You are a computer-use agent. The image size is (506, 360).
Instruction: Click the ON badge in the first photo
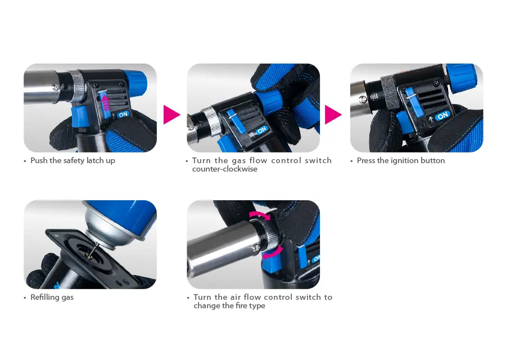click(x=123, y=114)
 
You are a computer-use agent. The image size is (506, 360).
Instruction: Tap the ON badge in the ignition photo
click(x=443, y=115)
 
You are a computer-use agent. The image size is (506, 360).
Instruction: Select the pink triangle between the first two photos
click(x=171, y=115)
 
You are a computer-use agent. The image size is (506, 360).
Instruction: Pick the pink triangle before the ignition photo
click(x=333, y=115)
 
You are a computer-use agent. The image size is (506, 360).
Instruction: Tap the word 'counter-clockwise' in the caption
click(x=224, y=169)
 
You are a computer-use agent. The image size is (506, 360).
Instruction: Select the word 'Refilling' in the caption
click(x=43, y=298)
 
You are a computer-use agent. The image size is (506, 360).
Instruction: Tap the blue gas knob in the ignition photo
click(x=461, y=78)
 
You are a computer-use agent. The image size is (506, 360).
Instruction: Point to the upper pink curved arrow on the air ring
click(x=260, y=214)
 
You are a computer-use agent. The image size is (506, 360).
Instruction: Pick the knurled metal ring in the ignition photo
click(x=389, y=92)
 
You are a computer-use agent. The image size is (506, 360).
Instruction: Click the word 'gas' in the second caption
click(x=239, y=161)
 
